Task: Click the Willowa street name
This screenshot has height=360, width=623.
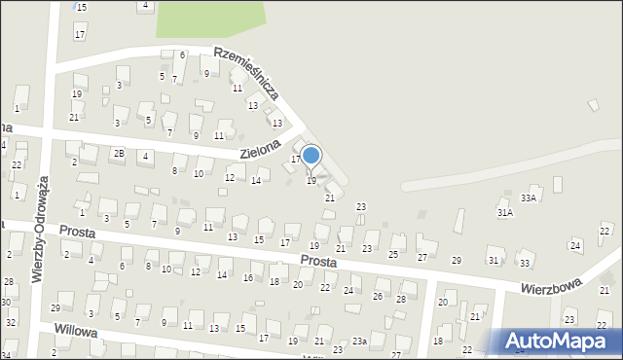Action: point(79,332)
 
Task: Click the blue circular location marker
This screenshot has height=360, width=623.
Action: point(311,155)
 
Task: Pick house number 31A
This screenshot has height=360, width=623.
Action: point(504,212)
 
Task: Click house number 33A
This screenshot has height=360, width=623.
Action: point(529,198)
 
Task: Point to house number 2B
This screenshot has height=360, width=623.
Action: point(118,153)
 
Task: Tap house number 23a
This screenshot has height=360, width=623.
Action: point(360,341)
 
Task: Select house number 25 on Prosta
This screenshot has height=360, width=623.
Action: point(393,255)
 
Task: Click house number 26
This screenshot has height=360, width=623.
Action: point(377,296)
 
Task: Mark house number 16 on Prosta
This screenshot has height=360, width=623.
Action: point(248,278)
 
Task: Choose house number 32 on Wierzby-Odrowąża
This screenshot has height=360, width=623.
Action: point(10,322)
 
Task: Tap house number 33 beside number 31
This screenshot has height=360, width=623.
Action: point(525,264)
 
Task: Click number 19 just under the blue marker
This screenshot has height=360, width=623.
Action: point(311,181)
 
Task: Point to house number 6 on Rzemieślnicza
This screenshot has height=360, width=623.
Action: point(182,54)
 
